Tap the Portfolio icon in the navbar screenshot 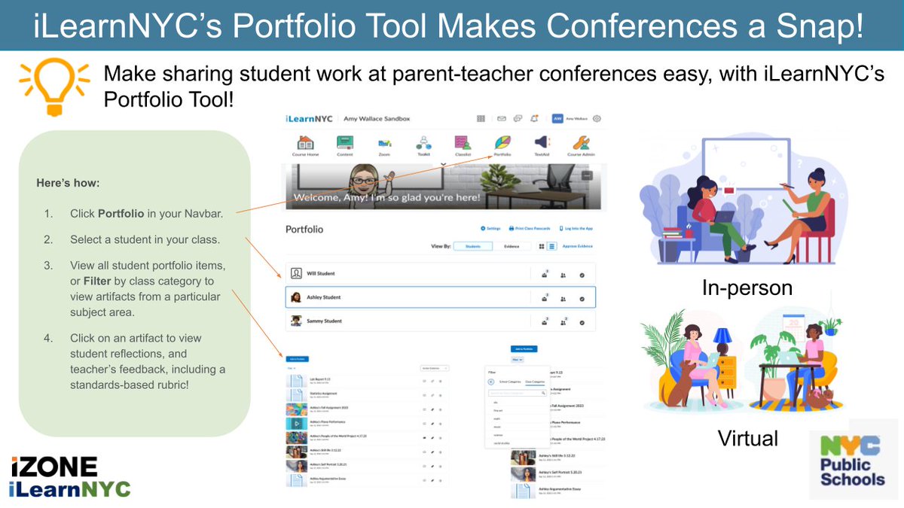502,142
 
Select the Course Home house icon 305,142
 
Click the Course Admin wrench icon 581,142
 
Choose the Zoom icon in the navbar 384,142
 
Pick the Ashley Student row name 324,297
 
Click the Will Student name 321,273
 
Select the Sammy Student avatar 296,321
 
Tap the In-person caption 747,287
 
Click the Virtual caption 747,438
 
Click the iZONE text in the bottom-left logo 54,467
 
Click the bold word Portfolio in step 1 121,214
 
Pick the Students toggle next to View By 473,245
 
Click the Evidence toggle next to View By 511,245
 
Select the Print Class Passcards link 530,228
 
